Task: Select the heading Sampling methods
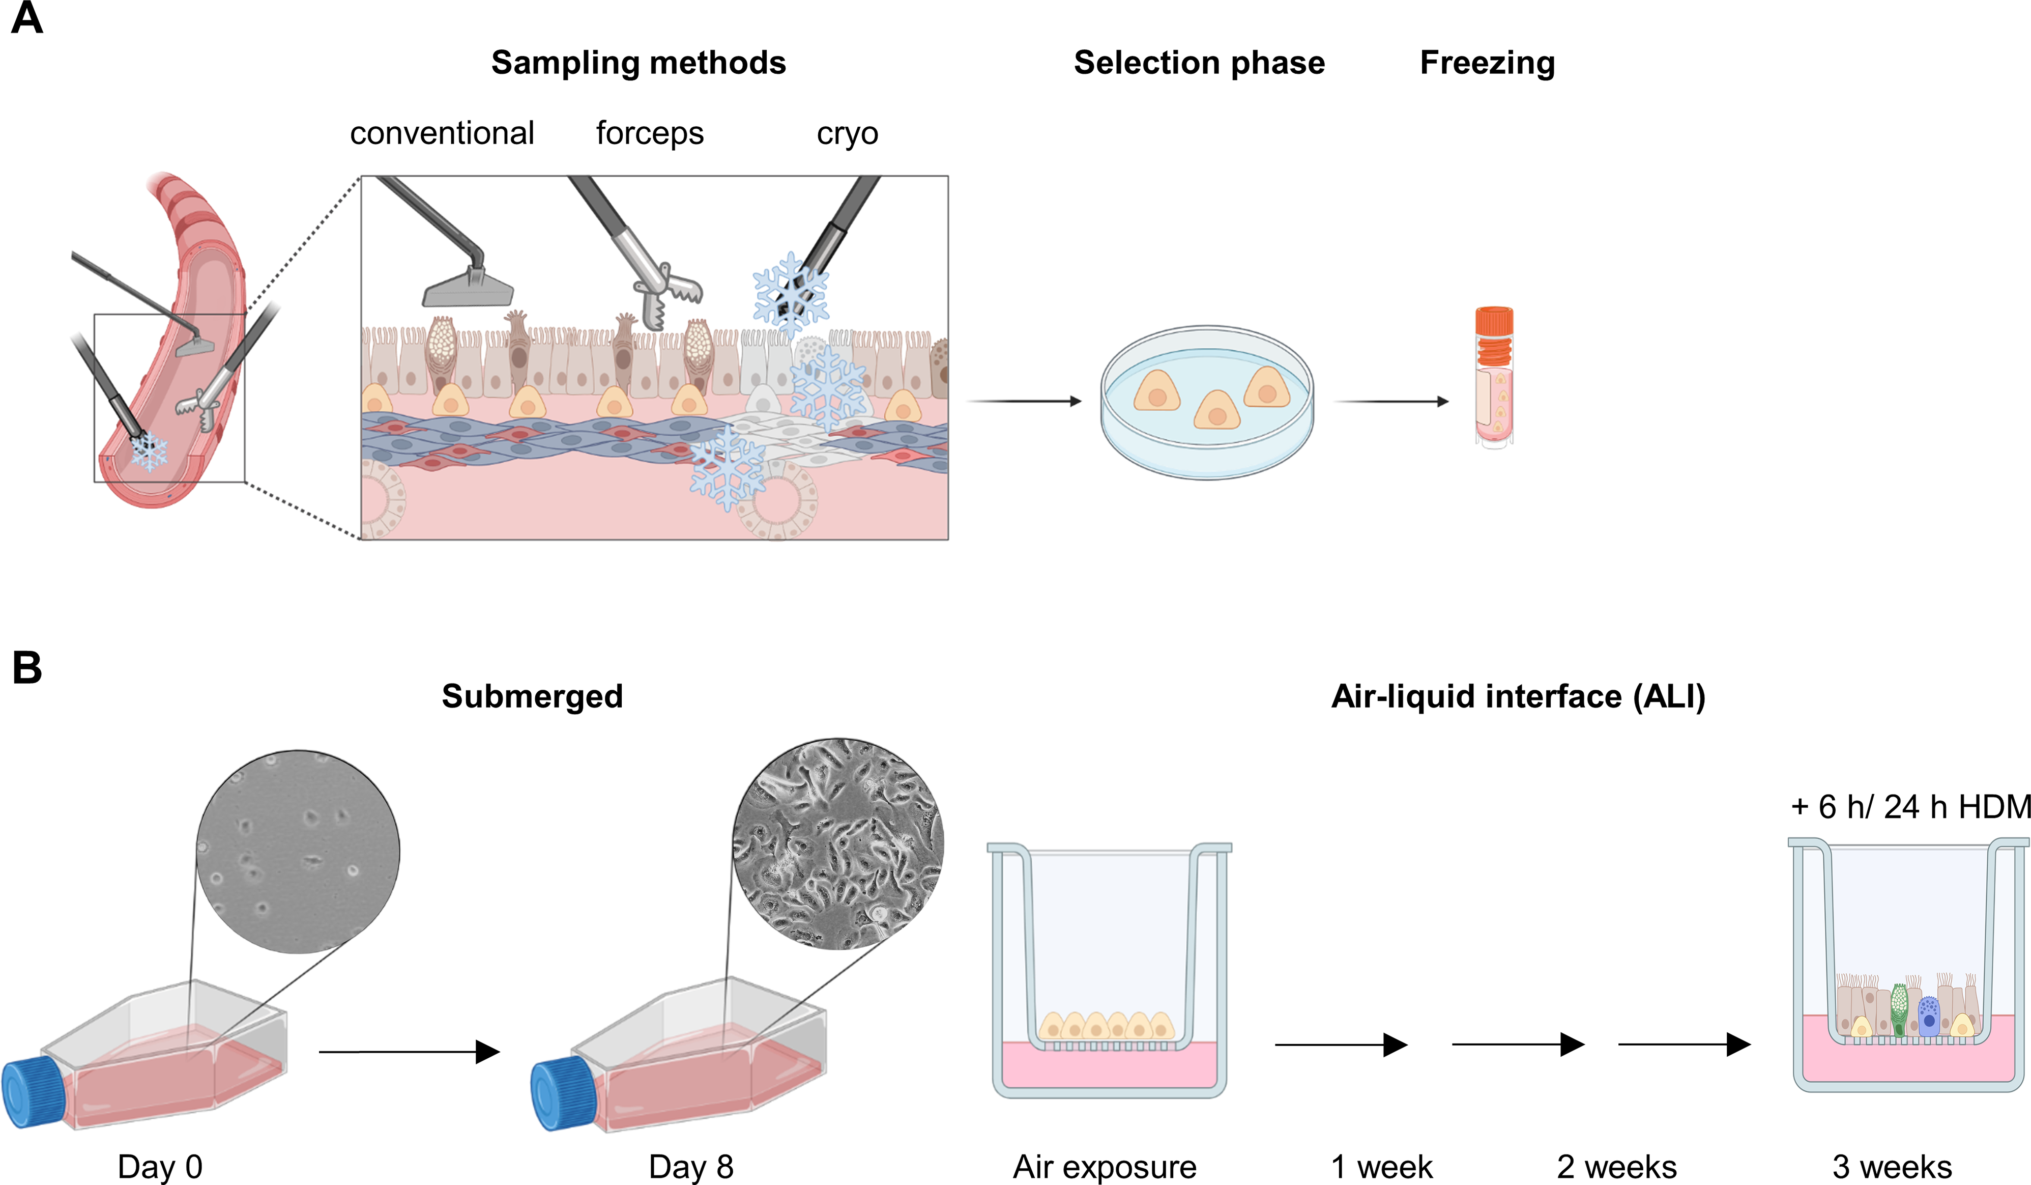639,63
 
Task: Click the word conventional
442,133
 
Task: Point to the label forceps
650,133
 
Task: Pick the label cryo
847,133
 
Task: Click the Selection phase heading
1199,63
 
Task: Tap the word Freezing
1487,63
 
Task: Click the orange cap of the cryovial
1493,320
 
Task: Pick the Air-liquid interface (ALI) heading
1518,696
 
